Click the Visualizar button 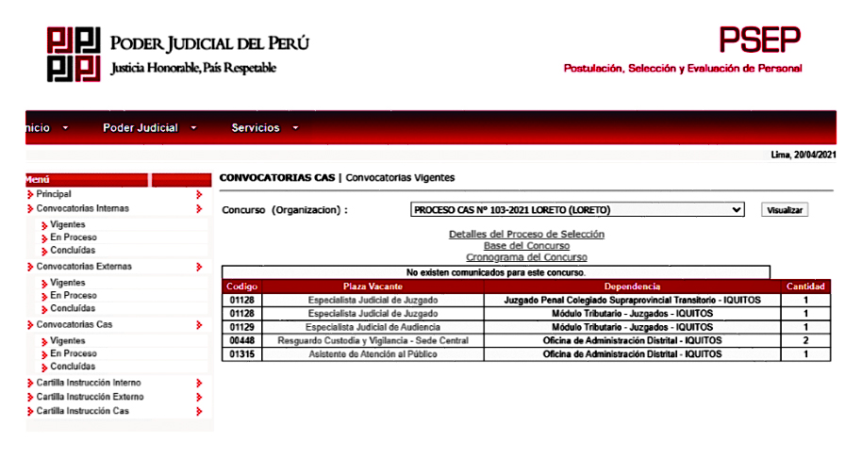[785, 210]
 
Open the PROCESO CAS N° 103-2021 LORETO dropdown [578, 210]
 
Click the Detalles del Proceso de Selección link [526, 234]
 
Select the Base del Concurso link [526, 245]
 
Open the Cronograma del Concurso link [526, 257]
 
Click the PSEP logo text [760, 39]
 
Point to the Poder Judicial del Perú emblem [74, 54]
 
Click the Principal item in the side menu [54, 194]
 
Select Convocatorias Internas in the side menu [83, 208]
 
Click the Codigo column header [242, 286]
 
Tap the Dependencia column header [632, 286]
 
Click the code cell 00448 [242, 340]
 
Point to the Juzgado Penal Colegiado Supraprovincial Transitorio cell [632, 300]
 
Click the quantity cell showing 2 [806, 340]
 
